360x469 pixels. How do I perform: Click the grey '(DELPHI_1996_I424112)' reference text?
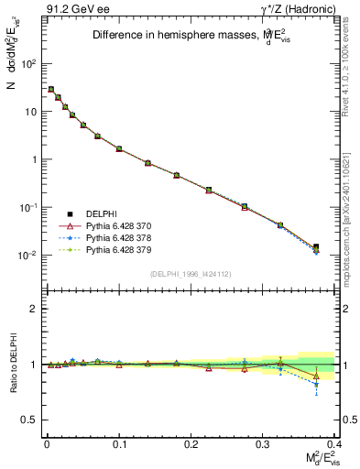coord(189,273)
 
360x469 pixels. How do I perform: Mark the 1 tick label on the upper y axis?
coord(33,159)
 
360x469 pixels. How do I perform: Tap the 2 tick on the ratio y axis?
coord(33,309)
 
